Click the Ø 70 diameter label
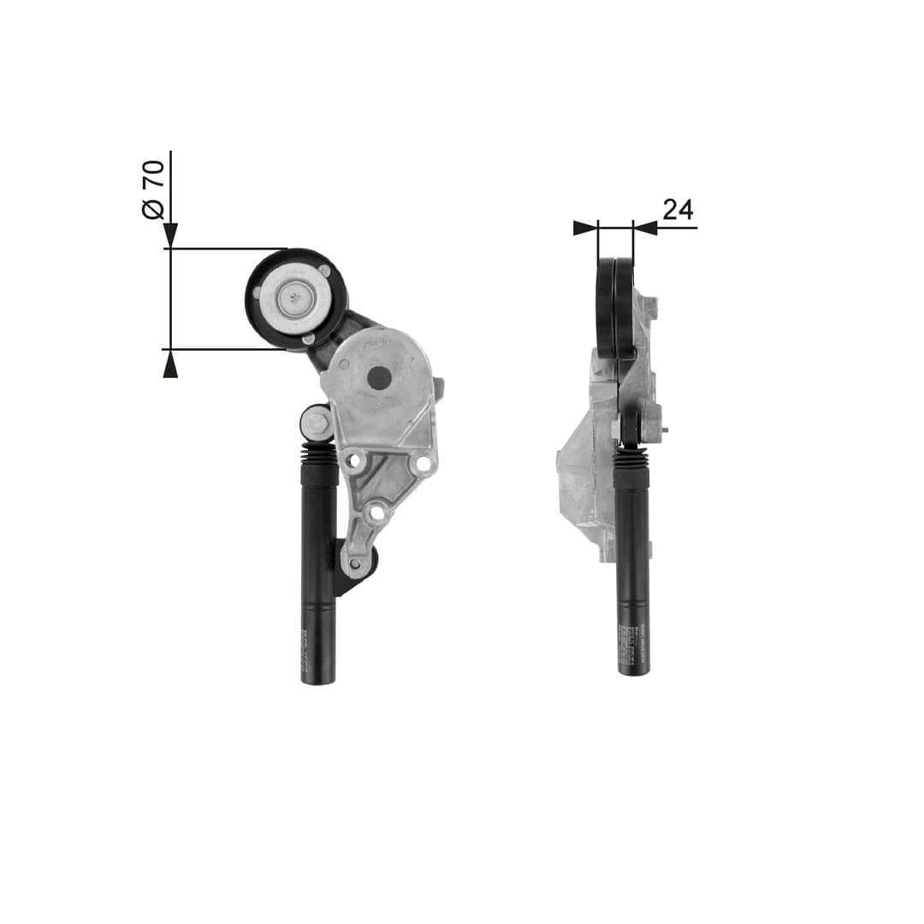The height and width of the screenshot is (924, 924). (153, 189)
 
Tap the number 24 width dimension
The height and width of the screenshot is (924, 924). (678, 210)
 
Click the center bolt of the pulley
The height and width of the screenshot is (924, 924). (295, 299)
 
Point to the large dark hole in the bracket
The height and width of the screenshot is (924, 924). (378, 377)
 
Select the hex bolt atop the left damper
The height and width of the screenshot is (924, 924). (317, 422)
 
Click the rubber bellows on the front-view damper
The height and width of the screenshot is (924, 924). (319, 453)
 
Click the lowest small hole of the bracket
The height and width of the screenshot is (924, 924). (354, 564)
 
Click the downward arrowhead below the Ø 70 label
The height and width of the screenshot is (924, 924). (170, 234)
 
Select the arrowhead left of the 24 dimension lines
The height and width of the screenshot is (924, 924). (584, 228)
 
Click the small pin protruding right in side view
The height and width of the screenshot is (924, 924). (664, 430)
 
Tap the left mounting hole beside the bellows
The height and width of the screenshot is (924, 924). (354, 461)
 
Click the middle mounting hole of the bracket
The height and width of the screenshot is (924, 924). (374, 513)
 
